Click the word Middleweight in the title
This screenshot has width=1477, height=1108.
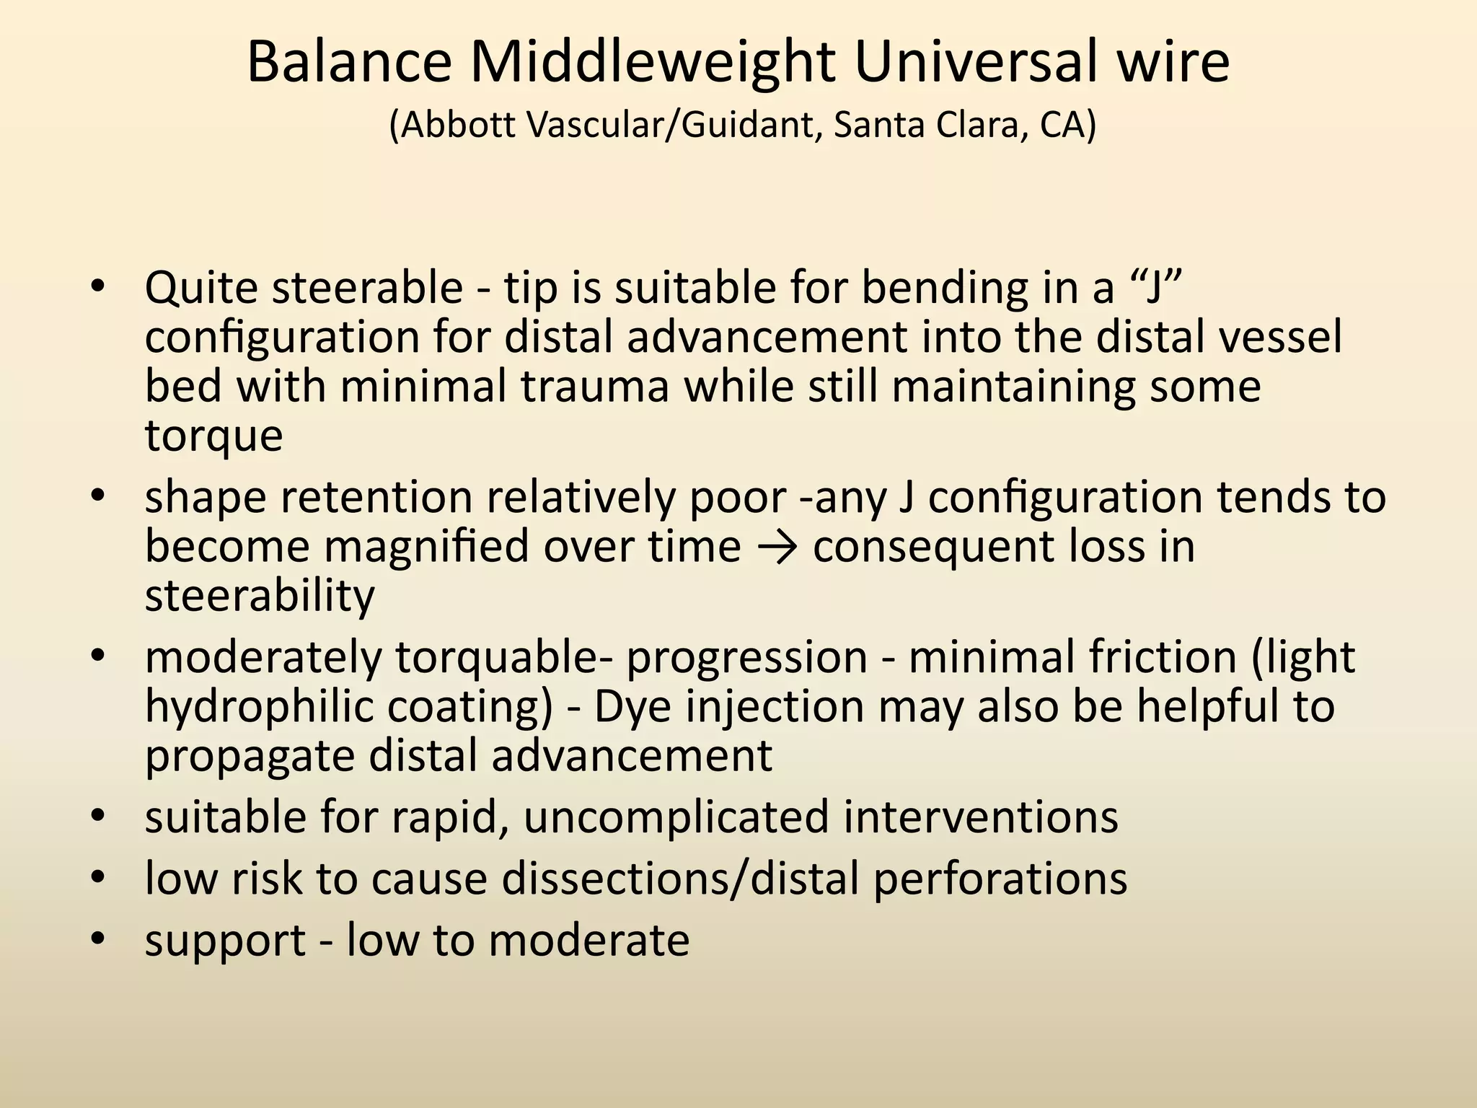[653, 62]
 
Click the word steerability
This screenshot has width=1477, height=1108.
[260, 596]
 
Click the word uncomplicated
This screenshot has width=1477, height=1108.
[676, 817]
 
